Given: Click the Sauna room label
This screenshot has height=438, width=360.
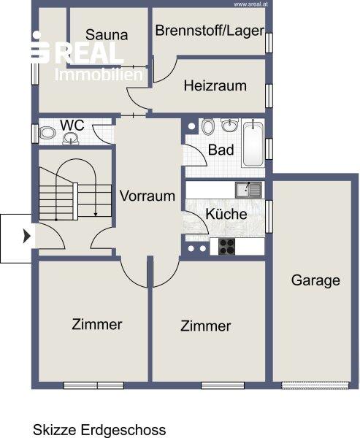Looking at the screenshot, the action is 107,35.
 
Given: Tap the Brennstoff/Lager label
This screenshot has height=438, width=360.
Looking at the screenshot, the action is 210,31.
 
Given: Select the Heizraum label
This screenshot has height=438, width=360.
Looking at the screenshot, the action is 215,85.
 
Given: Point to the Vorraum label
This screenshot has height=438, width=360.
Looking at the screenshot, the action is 148,196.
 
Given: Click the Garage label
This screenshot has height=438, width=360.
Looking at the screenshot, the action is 315,280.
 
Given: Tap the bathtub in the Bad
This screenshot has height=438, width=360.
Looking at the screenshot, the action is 253,143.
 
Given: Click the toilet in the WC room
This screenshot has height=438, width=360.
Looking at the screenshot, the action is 47,134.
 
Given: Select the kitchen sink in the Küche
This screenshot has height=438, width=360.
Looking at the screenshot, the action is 248,190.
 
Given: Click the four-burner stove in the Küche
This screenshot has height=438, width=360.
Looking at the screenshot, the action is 226,247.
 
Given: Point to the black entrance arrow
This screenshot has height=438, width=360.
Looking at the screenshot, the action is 27,236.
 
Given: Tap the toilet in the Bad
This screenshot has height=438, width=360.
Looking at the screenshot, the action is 207,126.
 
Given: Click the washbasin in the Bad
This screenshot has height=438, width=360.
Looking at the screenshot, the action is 230,125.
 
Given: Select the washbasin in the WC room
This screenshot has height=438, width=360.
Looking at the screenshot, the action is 70,139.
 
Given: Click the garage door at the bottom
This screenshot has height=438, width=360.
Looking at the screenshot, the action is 315,385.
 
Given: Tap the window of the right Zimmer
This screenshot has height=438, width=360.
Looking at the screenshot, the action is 223,385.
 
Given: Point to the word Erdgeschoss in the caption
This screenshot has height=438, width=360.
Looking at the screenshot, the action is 123,430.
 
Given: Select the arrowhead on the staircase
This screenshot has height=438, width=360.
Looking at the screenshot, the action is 96,214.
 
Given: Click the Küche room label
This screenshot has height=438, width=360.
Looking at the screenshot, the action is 226,214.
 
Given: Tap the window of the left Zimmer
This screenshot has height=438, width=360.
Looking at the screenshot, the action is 93,385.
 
